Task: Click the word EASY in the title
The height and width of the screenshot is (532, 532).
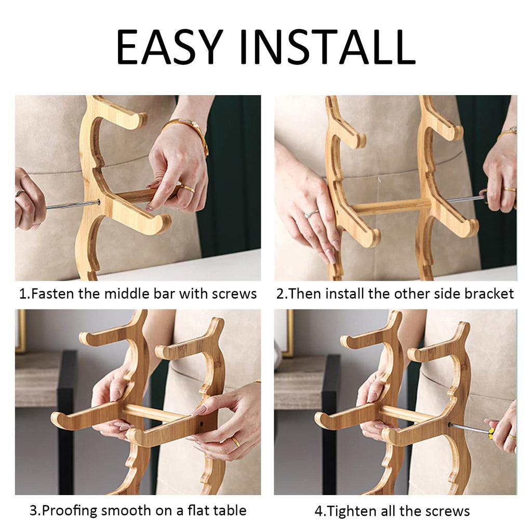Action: tap(169, 47)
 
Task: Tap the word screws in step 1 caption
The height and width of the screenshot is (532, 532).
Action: tap(234, 294)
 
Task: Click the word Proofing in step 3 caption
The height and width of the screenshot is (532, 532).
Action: tap(70, 511)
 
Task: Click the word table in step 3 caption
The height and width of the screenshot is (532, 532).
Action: tap(230, 510)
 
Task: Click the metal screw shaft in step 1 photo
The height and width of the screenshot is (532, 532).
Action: tap(72, 205)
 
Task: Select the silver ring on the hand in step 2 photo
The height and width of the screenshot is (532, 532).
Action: tap(311, 214)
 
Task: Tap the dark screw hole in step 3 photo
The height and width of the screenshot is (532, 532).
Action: tap(202, 424)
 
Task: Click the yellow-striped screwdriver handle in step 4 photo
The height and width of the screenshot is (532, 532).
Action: tap(492, 432)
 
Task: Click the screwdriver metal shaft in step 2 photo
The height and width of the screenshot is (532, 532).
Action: tap(464, 199)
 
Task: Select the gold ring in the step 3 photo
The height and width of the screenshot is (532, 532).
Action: tap(235, 442)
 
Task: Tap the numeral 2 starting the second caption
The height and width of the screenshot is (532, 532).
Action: tap(280, 294)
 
